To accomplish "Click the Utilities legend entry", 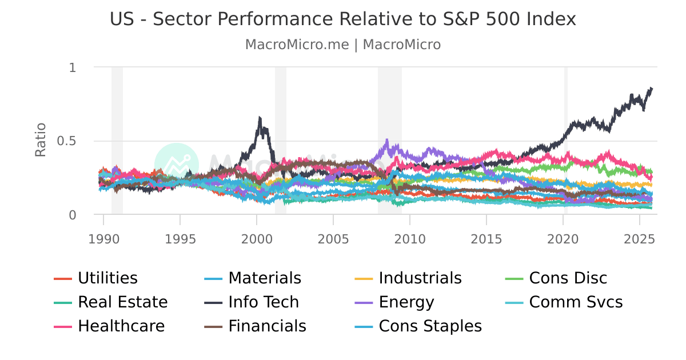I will [x=107, y=278].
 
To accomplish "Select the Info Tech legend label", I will [x=264, y=302].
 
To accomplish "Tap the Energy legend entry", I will [x=406, y=302].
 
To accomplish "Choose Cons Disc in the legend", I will [x=568, y=278].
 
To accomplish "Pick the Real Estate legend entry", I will [x=122, y=302].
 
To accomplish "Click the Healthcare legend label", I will [x=121, y=326].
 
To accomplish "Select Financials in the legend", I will [x=267, y=326].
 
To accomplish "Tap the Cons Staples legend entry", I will [x=430, y=326].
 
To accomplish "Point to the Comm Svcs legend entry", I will [x=576, y=302].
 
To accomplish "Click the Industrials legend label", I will [x=420, y=278].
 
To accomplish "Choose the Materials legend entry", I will [x=264, y=278].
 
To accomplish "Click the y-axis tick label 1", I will [x=72, y=67].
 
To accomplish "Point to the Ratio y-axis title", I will [x=41, y=141].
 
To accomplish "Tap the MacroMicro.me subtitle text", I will [x=297, y=45].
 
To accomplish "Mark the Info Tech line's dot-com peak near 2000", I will [x=260, y=118].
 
